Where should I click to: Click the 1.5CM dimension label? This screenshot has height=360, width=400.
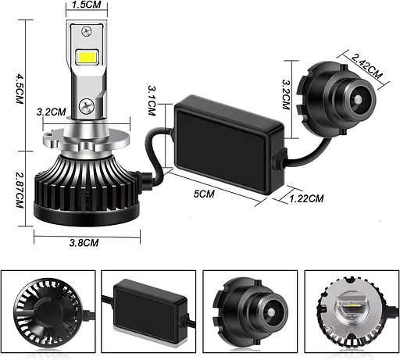[86, 5]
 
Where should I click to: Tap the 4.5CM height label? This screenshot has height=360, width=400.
[20, 89]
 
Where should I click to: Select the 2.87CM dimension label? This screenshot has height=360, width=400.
[20, 190]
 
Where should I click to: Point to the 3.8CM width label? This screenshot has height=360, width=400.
[84, 243]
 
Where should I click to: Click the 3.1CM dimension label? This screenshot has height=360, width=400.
[152, 101]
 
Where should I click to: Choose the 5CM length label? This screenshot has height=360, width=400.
[204, 194]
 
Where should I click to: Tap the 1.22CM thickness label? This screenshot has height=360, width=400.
[307, 199]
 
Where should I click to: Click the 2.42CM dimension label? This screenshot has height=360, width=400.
[366, 66]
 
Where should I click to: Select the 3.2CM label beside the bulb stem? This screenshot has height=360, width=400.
[52, 112]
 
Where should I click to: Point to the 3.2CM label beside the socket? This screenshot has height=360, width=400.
[286, 94]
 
